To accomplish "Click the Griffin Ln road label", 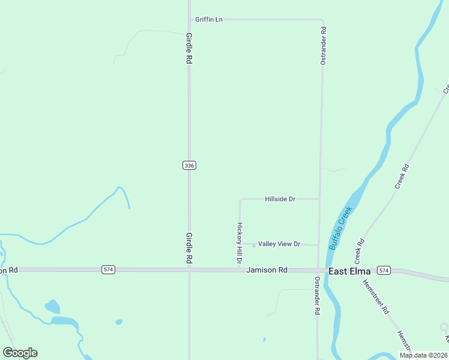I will pos(208,20).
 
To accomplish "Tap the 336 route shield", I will pos(189,165).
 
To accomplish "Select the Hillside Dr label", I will pos(280,199).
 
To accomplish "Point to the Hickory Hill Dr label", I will pos(239,244).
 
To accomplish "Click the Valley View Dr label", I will pos(279,244).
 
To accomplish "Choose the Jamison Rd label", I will pos(267,271).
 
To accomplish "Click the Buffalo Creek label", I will pos(339,229).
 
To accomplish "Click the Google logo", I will pos(20,353).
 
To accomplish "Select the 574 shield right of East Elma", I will pos(384,271).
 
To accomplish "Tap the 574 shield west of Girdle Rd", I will pos(108,270).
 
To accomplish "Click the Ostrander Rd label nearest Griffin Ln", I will pos(323,46).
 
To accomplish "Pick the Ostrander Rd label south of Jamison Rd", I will pos(317,296).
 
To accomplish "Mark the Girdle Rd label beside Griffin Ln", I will pos(189,49).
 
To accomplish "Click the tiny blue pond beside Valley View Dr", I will pos(254,245).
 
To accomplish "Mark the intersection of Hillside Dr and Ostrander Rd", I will pos(319,199).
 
